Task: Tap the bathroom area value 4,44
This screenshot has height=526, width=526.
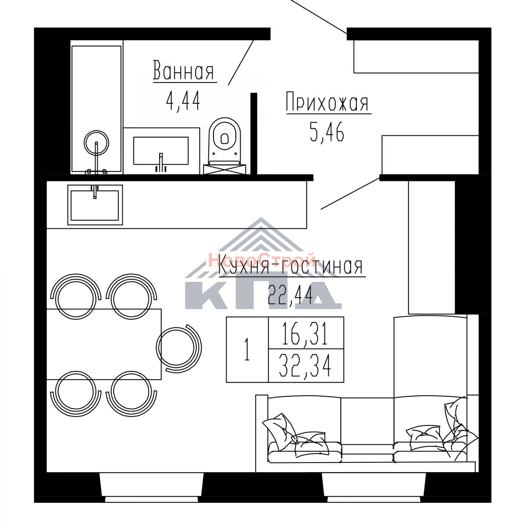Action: pos(183,100)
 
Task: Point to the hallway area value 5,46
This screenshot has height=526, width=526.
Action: pos(327,132)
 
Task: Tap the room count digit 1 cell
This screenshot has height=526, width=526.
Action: pos(247,349)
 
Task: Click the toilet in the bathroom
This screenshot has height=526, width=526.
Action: pos(225,146)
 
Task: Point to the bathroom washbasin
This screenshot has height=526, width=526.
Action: pos(161,151)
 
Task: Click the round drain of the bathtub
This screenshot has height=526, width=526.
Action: pos(96,143)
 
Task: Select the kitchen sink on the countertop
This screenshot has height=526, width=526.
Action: pos(95,205)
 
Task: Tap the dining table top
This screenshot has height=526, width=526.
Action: pos(104,344)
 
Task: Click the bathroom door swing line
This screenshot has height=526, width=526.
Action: pos(241,63)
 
